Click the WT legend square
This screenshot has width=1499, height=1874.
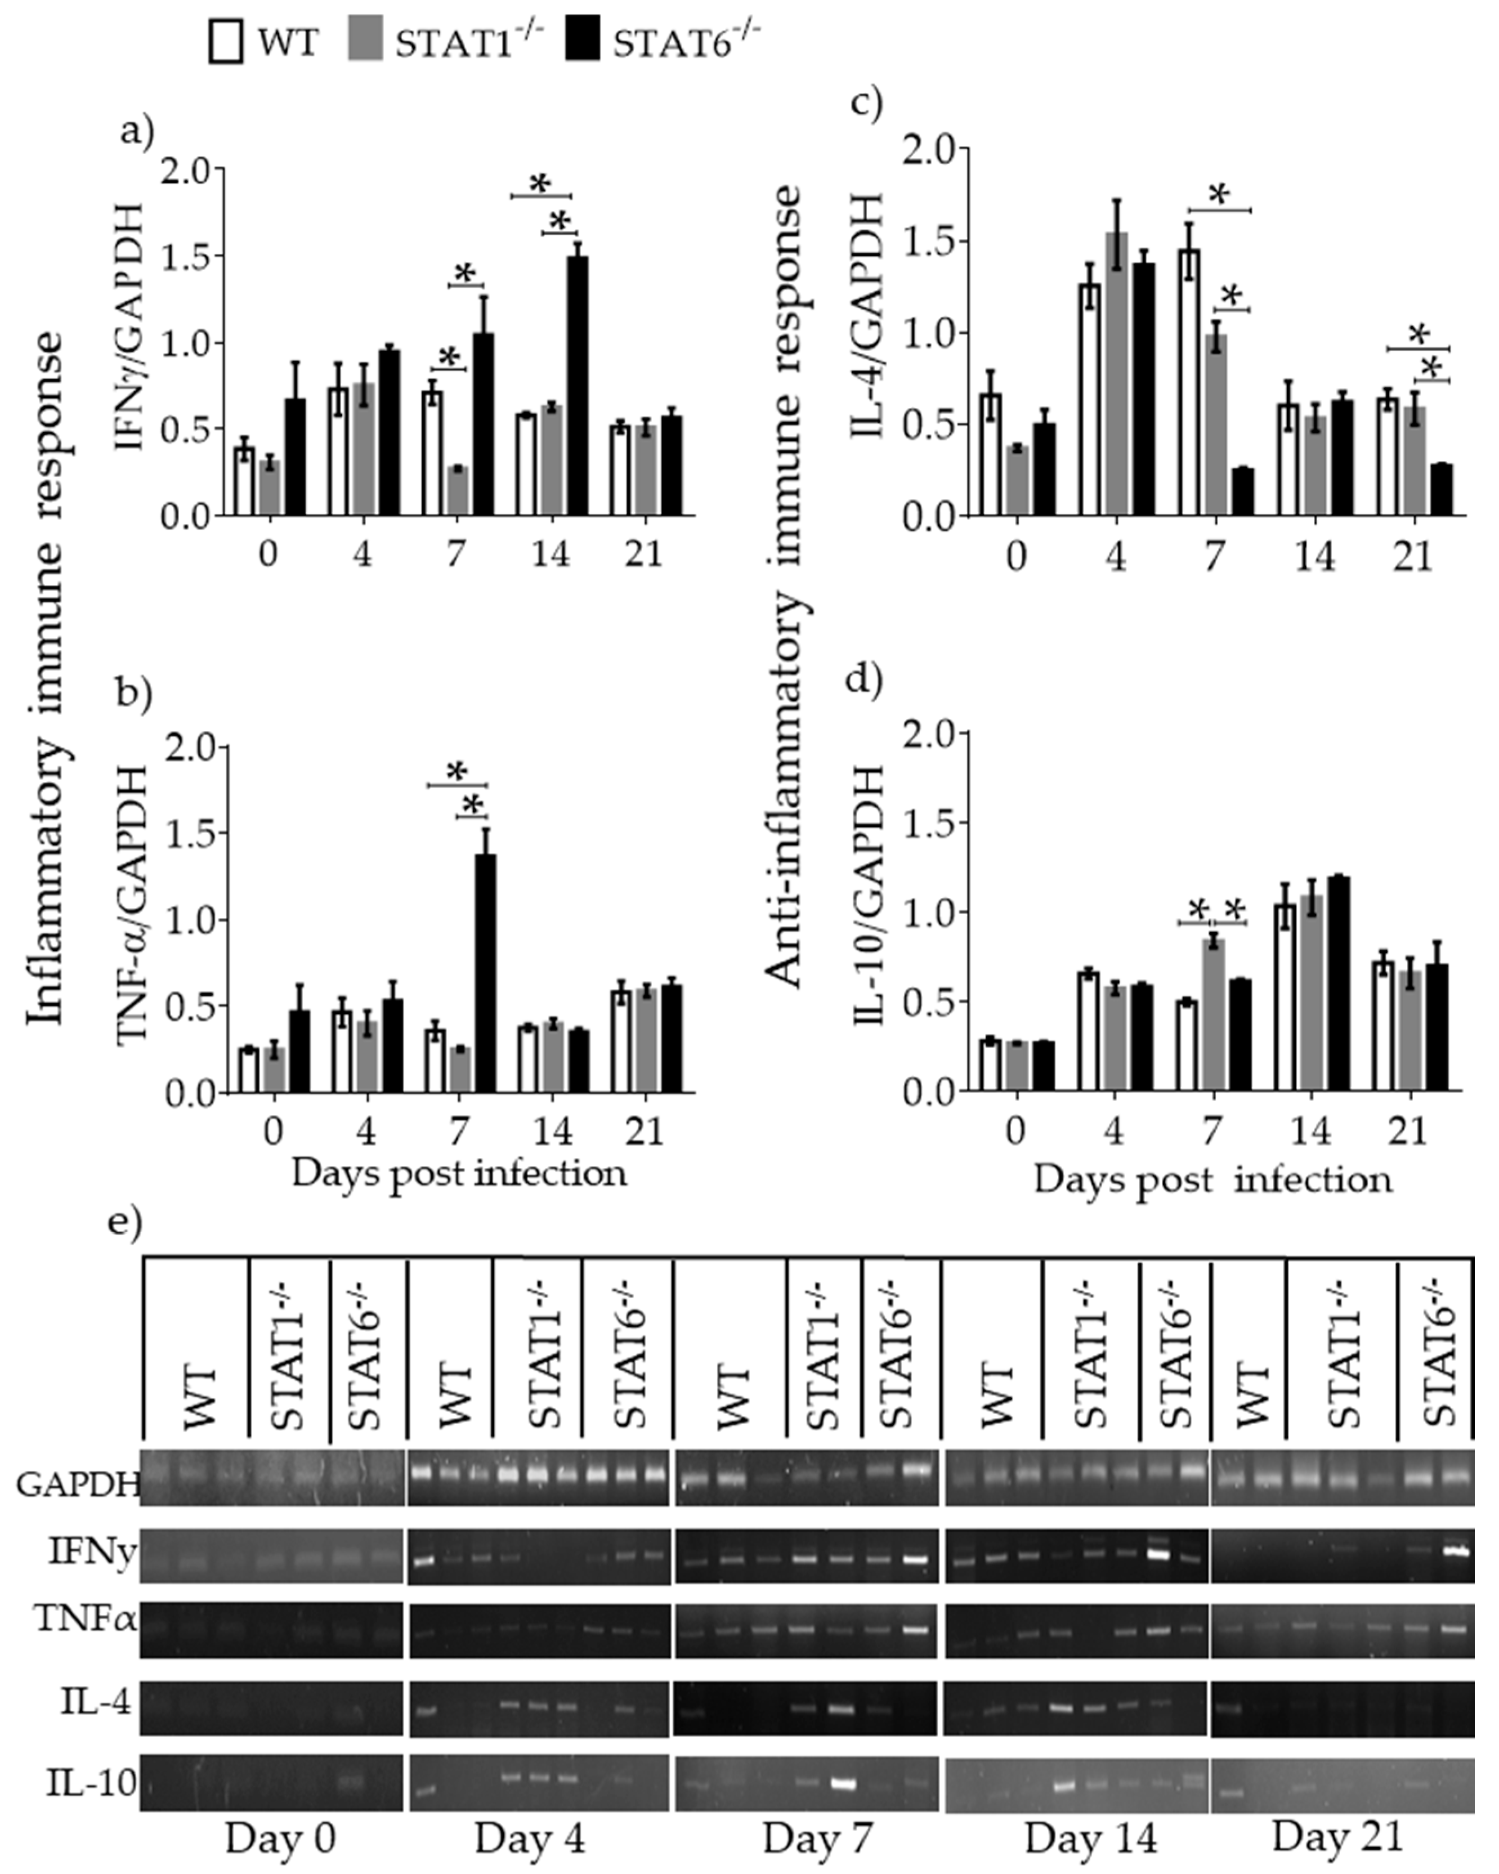click(226, 42)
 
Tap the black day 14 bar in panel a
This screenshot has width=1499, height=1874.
click(577, 385)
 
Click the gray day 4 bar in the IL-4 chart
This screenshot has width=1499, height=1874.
click(1117, 374)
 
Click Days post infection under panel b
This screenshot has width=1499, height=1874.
click(459, 1173)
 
